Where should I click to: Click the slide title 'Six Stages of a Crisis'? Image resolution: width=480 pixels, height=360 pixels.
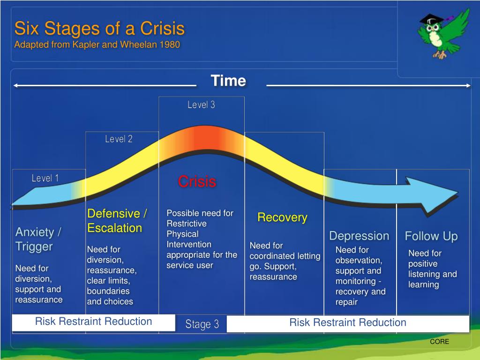pyautogui.click(x=99, y=29)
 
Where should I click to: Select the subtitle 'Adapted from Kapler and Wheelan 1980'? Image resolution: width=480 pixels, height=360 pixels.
pyautogui.click(x=97, y=45)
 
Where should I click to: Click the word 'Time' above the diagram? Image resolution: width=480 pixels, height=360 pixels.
pyautogui.click(x=228, y=81)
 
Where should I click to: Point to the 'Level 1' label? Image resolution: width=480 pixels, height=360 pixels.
pyautogui.click(x=45, y=178)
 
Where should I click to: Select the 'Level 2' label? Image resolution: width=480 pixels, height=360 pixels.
pyautogui.click(x=119, y=139)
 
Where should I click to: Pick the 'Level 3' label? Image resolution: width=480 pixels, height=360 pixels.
pyautogui.click(x=201, y=105)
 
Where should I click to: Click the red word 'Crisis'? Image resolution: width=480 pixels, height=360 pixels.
pyautogui.click(x=197, y=181)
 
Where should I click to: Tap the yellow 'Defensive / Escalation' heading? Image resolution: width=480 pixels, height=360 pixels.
pyautogui.click(x=117, y=221)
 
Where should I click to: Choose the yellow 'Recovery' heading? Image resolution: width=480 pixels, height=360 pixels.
pyautogui.click(x=282, y=217)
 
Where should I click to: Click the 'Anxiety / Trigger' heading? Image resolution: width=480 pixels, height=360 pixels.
pyautogui.click(x=38, y=239)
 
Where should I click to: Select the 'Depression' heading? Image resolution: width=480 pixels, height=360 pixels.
pyautogui.click(x=359, y=236)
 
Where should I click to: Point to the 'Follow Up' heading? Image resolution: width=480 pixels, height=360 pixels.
pyautogui.click(x=431, y=236)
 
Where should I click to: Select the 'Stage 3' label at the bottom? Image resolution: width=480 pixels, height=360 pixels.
pyautogui.click(x=202, y=324)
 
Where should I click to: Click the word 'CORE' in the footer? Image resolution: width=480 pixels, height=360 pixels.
pyautogui.click(x=439, y=342)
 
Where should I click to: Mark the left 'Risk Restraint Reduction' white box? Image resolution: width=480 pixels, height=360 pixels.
pyautogui.click(x=93, y=322)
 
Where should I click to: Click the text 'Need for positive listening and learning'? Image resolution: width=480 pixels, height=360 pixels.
pyautogui.click(x=432, y=269)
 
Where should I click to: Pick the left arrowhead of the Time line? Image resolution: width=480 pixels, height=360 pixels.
pyautogui.click(x=16, y=85)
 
